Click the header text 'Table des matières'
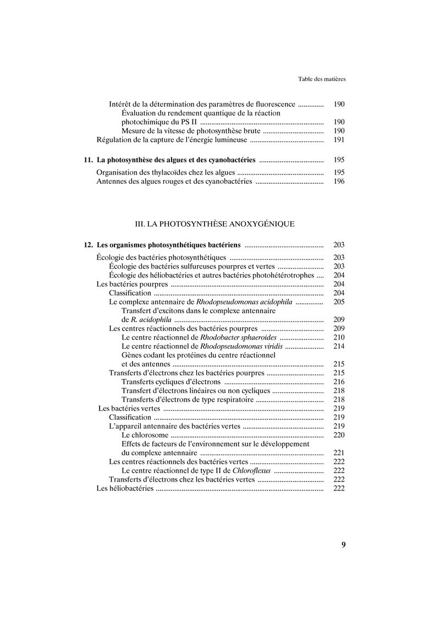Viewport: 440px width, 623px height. tap(321, 79)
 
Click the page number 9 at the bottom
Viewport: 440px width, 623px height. tap(343, 545)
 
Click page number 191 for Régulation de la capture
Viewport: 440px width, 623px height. tap(339, 140)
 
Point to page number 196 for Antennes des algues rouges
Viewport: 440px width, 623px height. tap(339, 181)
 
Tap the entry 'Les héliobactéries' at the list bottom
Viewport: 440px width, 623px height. tap(125, 488)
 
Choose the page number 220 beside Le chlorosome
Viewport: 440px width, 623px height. tap(339, 435)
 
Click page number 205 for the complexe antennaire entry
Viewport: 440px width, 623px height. tap(339, 302)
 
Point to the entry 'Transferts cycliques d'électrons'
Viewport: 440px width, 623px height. tap(171, 381)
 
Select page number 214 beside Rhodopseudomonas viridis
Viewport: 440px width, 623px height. tap(339, 346)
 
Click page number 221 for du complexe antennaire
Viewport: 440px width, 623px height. tap(339, 453)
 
